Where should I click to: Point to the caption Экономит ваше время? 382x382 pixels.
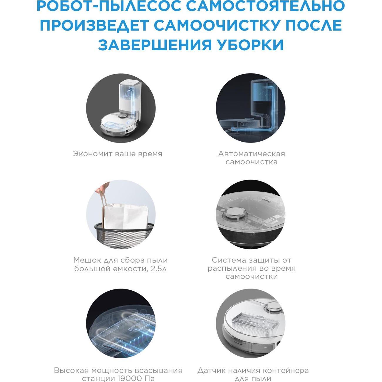point(118,154)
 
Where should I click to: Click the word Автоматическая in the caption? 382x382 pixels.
point(252,154)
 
